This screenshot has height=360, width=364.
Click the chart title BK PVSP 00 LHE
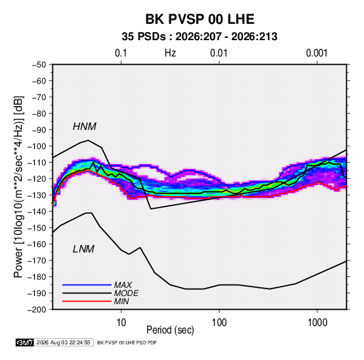coord(199,19)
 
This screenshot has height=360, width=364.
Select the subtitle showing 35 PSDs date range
coord(199,37)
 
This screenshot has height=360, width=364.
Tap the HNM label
coord(84,127)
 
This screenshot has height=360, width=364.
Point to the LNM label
coord(84,249)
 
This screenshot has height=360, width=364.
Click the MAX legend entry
coord(122,285)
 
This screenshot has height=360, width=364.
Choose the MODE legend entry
coord(127,293)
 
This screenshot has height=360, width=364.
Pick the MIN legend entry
coord(121,301)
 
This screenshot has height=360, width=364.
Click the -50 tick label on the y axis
coord(39,65)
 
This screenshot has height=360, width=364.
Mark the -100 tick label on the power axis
coord(37,146)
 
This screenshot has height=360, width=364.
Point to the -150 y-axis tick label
coord(37,228)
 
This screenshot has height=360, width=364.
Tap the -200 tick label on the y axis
coord(37,310)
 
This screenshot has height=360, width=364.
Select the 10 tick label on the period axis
coord(121,323)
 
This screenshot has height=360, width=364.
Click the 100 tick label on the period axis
coord(219,323)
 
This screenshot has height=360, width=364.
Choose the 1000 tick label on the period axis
coord(317,323)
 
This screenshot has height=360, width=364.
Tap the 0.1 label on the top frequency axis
coord(121,53)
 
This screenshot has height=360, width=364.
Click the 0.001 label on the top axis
coord(316,53)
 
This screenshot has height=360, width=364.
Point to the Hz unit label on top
coord(170,53)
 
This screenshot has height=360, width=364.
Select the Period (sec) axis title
coord(170,330)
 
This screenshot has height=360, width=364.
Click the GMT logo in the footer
coord(25,342)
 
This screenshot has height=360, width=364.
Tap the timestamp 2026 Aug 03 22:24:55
coord(63,342)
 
